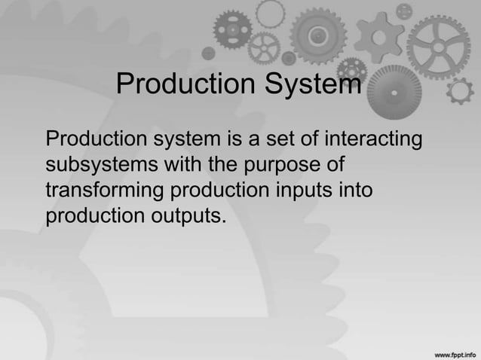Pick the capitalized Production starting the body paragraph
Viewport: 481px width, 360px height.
pyautogui.click(x=96, y=140)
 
